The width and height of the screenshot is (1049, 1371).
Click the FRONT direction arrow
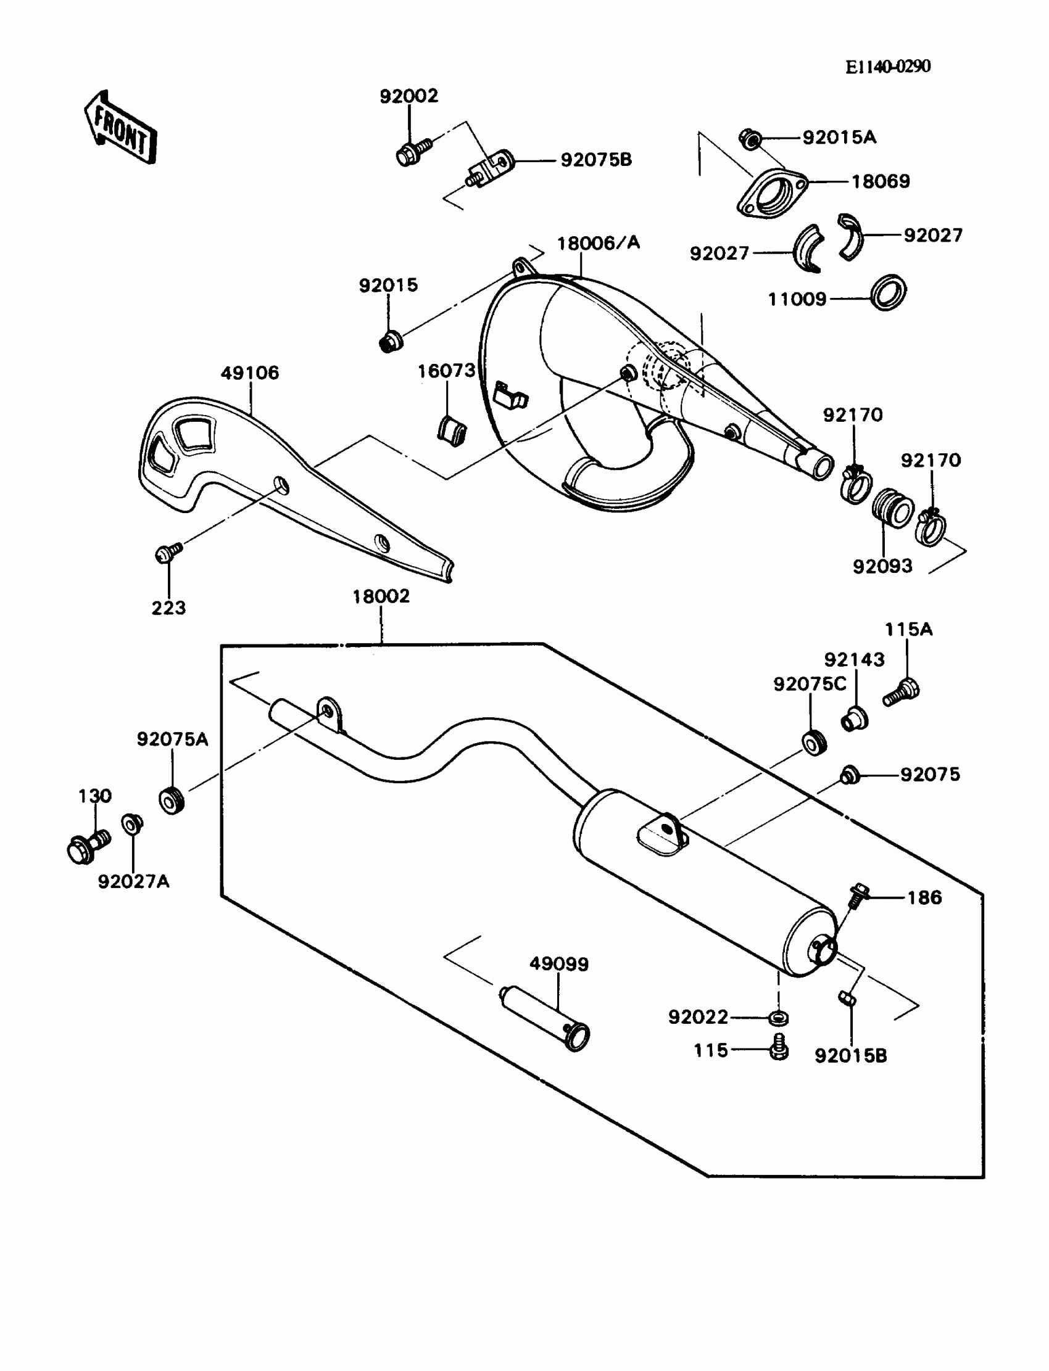pos(120,128)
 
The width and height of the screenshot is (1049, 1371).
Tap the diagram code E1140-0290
pos(888,67)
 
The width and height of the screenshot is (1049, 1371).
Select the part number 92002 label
pos(409,96)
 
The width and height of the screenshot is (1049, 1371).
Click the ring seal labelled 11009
pos(888,292)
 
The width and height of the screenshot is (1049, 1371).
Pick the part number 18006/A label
pos(598,243)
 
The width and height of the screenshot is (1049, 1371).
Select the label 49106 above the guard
pos(250,373)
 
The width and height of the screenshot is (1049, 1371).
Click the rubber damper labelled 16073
pos(451,431)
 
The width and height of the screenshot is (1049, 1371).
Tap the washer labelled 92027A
pos(131,825)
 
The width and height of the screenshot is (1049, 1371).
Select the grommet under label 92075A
pos(171,800)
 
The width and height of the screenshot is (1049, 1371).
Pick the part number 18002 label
pos(381,596)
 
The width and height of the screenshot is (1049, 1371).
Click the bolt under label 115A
pos(902,692)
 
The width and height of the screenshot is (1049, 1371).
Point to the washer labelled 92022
pos(778,1018)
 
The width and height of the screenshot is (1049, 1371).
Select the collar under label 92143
pos(854,719)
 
